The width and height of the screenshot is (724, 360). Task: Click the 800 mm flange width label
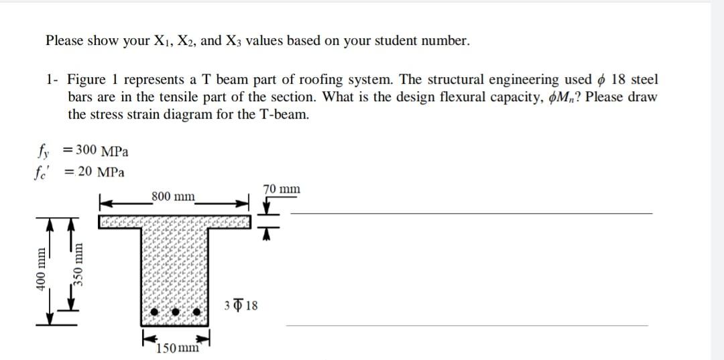(173, 196)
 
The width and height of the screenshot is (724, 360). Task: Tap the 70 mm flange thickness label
(282, 189)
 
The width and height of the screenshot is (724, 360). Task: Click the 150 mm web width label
(177, 348)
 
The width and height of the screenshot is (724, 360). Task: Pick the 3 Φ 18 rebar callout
(242, 306)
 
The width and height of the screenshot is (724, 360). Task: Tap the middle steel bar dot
(176, 312)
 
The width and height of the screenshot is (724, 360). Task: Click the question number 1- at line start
(52, 80)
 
